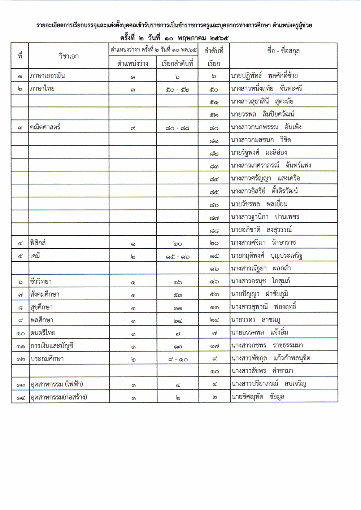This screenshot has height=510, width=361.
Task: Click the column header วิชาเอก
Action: click(69, 56)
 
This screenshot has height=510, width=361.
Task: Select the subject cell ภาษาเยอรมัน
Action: click(48, 76)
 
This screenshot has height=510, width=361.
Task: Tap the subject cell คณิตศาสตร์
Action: click(45, 127)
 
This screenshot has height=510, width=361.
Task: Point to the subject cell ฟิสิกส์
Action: click(38, 243)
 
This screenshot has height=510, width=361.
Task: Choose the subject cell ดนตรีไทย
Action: click(43, 333)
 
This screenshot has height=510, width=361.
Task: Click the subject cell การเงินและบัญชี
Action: click(52, 346)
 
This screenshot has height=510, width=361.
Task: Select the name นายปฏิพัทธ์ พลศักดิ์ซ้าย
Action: click(264, 76)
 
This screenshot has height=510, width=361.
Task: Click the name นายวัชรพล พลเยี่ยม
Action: click(259, 204)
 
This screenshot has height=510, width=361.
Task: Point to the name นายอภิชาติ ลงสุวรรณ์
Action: click(261, 230)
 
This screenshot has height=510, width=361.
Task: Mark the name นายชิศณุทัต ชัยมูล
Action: click(258, 397)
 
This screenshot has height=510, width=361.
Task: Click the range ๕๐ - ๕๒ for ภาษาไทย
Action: click(177, 89)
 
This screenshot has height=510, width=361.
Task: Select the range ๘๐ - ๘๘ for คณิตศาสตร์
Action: click(177, 128)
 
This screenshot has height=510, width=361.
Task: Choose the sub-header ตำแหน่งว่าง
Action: click(133, 64)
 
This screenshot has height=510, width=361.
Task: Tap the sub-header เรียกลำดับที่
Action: click(177, 64)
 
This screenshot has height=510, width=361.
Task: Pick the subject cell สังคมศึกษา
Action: click(45, 294)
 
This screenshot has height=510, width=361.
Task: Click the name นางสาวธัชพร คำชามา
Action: click(262, 371)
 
